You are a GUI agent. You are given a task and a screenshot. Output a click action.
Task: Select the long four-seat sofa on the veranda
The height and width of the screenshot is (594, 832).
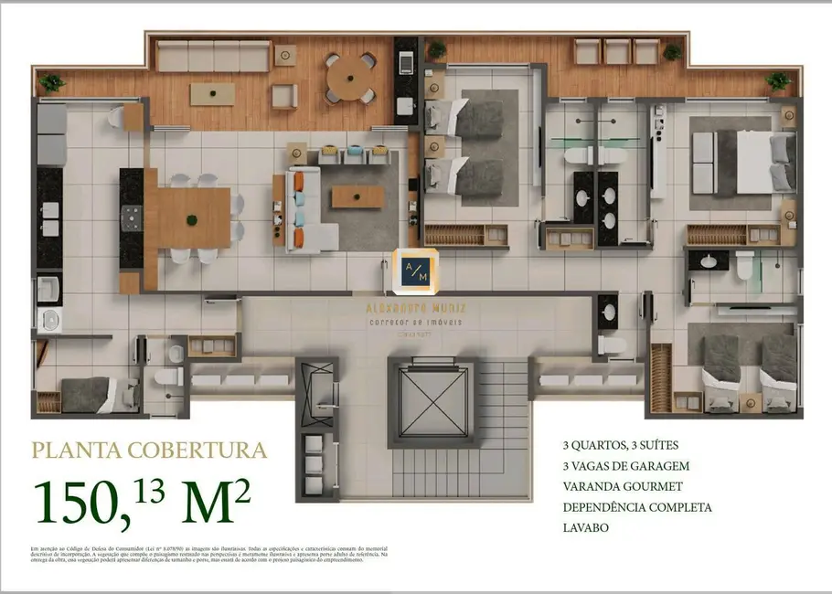click(214, 56)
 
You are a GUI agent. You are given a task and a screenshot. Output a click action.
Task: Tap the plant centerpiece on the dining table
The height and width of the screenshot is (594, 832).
click(192, 219)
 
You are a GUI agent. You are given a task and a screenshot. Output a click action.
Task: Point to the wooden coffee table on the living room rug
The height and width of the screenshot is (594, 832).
click(357, 196)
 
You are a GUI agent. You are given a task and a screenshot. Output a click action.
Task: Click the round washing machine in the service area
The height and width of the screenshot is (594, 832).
click(47, 319)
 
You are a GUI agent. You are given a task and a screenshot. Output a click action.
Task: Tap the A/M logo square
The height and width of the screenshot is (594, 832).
click(416, 271)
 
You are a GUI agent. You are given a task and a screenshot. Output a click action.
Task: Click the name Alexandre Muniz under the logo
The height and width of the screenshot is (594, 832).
click(416, 309)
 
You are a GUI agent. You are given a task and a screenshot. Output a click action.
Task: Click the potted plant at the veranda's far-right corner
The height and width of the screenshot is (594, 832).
click(778, 80)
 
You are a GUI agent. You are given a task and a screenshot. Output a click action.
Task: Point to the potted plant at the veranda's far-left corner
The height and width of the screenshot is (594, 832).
click(51, 82)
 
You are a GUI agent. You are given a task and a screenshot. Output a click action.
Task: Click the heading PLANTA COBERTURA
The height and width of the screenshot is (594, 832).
click(150, 451)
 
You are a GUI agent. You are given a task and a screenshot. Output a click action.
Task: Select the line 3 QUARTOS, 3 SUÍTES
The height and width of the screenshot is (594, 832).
click(621, 446)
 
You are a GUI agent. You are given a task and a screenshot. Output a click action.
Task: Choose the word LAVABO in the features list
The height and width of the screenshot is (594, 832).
click(587, 527)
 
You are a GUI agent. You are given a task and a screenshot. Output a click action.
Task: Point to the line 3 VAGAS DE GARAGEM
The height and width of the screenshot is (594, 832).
click(625, 466)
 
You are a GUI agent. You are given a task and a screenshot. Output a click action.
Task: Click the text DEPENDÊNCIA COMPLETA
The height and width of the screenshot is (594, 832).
click(637, 507)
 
